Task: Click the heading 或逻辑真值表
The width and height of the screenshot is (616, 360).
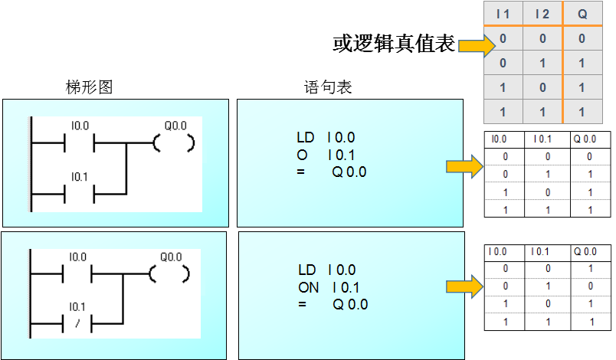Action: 394,44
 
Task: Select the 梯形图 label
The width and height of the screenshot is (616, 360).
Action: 89,87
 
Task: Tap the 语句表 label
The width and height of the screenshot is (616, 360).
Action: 328,87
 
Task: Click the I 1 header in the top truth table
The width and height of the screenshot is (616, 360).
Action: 503,14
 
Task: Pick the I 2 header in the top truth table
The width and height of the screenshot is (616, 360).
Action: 542,14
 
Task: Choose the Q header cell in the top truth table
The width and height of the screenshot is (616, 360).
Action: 582,14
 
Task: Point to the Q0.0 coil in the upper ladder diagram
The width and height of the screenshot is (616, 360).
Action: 174,142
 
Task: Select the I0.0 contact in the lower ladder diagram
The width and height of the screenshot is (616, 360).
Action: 80,272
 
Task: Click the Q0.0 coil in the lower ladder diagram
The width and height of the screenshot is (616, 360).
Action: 174,272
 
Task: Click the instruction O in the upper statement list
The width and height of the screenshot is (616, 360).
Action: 302,155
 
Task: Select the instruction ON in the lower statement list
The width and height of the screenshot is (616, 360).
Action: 309,287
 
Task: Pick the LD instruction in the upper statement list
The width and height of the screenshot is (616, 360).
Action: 305,138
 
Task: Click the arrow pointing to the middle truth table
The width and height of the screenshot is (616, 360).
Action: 464,167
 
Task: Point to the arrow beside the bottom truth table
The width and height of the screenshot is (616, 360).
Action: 464,287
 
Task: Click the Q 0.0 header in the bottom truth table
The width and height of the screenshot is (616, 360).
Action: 585,251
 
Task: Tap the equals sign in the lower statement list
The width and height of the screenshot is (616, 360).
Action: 302,304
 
